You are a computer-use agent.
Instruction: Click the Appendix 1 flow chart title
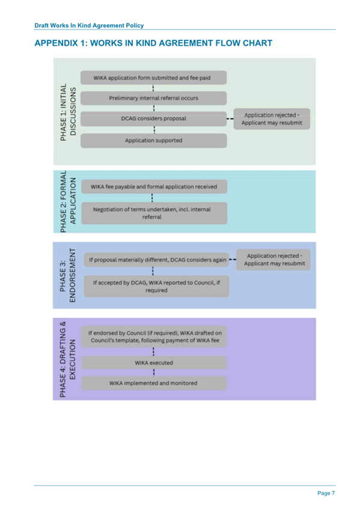click(x=154, y=43)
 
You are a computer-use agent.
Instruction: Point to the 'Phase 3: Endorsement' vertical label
click(x=67, y=274)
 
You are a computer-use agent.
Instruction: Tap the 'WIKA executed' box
click(x=154, y=363)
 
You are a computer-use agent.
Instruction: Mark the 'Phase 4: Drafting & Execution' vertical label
click(x=67, y=358)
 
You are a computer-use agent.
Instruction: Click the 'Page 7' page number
click(x=327, y=493)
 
